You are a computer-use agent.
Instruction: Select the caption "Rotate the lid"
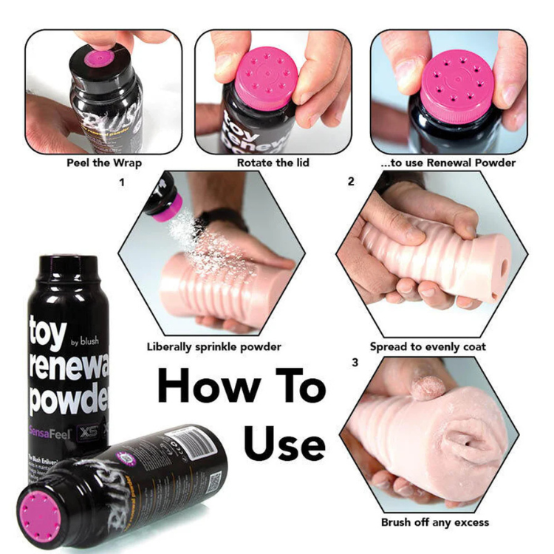pyautogui.click(x=273, y=162)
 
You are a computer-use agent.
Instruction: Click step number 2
pyautogui.click(x=351, y=179)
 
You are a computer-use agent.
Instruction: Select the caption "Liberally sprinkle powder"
pyautogui.click(x=213, y=346)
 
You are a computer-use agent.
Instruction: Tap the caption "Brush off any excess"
pyautogui.click(x=434, y=522)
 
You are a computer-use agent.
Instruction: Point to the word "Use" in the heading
pyautogui.click(x=285, y=443)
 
